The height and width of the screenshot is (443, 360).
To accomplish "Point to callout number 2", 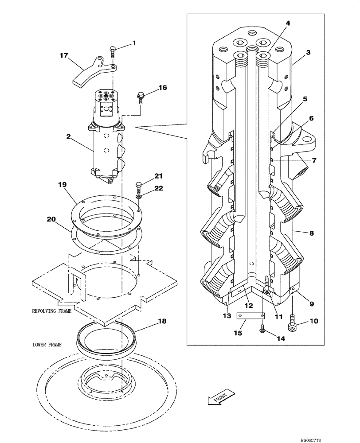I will click(x=69, y=137).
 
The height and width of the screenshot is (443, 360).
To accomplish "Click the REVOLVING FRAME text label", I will click(x=51, y=311).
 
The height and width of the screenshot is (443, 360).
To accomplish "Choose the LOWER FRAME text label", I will click(x=47, y=344).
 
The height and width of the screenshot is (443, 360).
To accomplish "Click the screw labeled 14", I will click(x=262, y=329).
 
